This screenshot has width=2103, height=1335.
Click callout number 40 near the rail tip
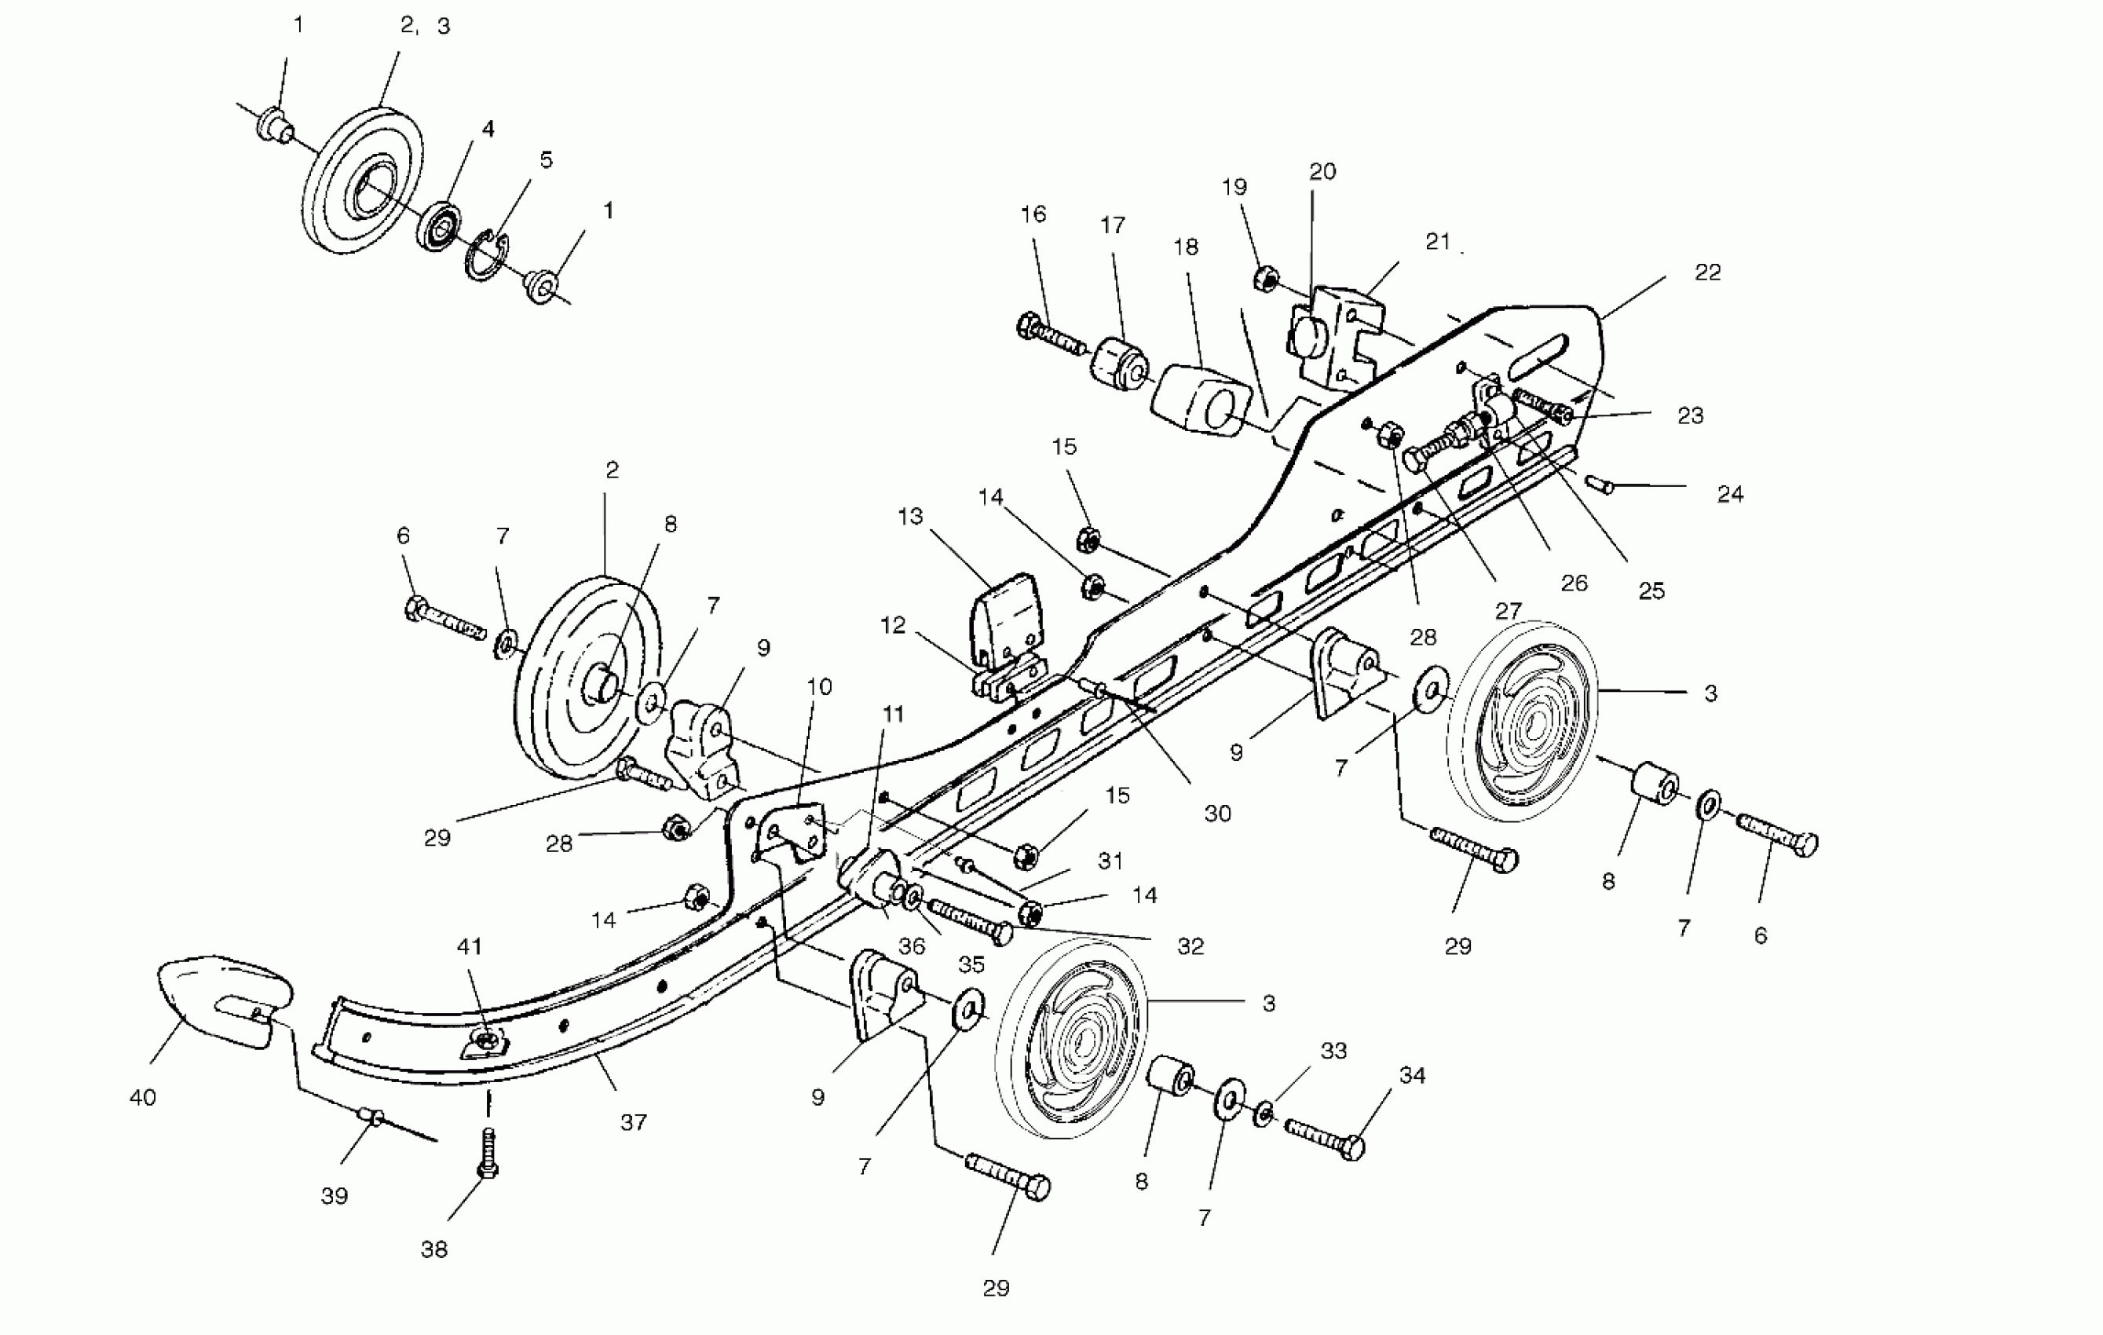[142, 1098]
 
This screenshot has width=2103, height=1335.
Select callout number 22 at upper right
[1707, 272]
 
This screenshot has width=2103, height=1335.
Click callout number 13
[910, 516]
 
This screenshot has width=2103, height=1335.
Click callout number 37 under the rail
[633, 1122]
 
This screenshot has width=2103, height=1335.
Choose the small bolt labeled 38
[488, 1154]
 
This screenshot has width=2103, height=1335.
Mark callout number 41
[470, 945]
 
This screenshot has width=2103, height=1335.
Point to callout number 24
[1730, 494]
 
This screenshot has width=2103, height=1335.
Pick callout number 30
[1217, 813]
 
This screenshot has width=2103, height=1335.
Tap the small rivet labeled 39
[373, 1117]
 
